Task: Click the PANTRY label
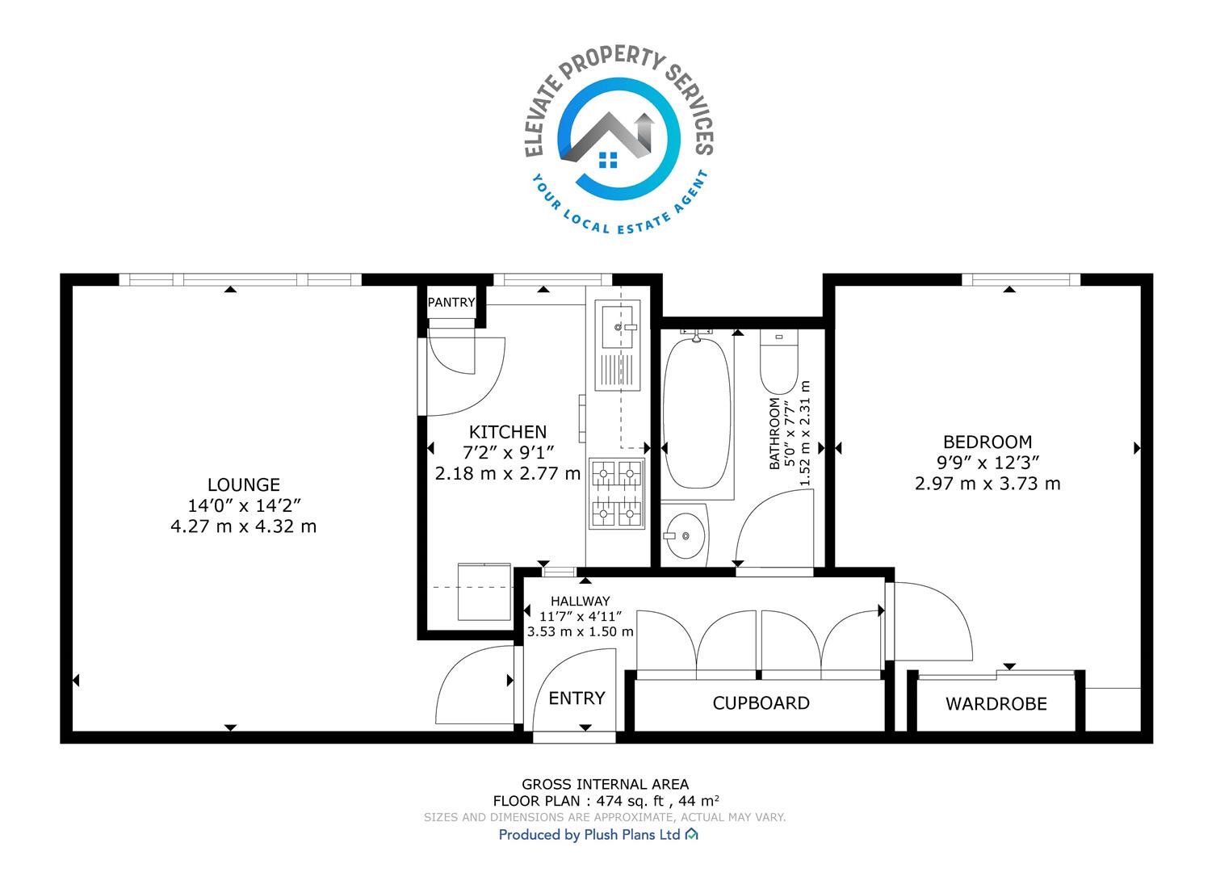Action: pos(451,303)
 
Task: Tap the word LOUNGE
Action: pos(244,484)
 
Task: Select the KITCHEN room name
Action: pos(508,432)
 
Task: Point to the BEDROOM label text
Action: pos(987,442)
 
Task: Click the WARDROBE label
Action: pos(996,704)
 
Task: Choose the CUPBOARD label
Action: pos(761,703)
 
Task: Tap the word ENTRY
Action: pos(577,698)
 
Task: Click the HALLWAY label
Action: pos(581,601)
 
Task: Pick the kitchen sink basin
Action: pos(617,327)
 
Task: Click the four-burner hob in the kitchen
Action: pos(617,493)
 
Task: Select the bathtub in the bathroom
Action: pos(697,413)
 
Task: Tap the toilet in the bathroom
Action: pos(779,361)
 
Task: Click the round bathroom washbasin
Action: pos(686,536)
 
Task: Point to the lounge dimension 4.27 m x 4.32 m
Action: pos(244,526)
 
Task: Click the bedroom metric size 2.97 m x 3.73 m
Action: pos(987,484)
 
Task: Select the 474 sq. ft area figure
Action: pos(630,801)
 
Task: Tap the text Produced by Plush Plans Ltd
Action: pos(589,835)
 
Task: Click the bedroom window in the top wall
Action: pos(1021,279)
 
